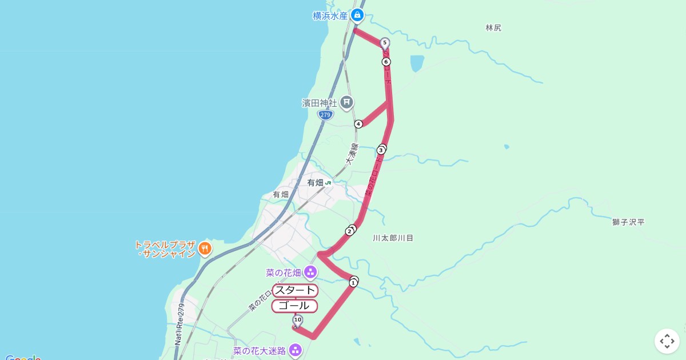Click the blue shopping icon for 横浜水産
(357, 15)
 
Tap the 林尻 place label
(493, 27)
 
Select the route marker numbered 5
(385, 42)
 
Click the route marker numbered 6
(386, 62)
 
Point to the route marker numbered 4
(358, 124)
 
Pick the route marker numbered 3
(381, 150)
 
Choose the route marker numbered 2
(349, 231)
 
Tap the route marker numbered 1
(353, 282)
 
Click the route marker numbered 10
(297, 319)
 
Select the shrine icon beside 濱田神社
(346, 103)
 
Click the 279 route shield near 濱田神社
(325, 115)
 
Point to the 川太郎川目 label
(393, 238)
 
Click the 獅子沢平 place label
(628, 222)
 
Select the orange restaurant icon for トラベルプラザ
(205, 249)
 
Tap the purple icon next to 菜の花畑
(310, 272)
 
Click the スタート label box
(295, 290)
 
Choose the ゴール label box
(294, 306)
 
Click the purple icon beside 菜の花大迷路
(295, 350)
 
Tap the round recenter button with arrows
(667, 341)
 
